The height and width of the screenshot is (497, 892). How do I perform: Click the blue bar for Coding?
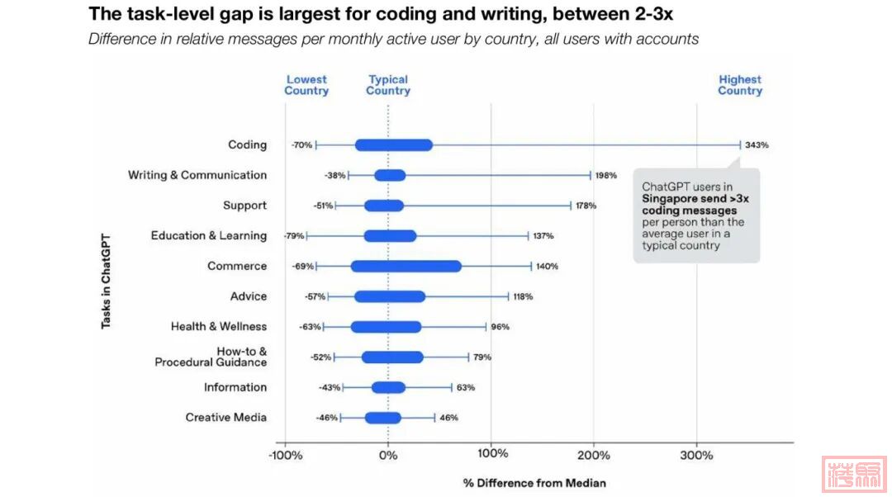point(393,145)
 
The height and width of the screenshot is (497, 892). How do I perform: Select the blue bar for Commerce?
point(406,267)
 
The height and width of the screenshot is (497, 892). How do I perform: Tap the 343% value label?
point(757,145)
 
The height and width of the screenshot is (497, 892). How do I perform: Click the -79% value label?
point(294,236)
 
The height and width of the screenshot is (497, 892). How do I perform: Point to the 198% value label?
point(605,176)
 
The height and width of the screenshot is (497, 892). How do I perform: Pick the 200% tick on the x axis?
point(594,455)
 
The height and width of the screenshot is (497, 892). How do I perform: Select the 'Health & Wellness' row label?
point(219,327)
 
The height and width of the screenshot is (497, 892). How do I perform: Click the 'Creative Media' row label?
point(225,418)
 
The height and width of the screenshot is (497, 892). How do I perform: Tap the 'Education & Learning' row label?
point(208,236)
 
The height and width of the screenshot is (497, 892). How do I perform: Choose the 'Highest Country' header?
point(740,85)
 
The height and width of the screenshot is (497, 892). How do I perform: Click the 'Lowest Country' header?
point(306,85)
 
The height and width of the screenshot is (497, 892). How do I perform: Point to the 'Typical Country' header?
point(388,85)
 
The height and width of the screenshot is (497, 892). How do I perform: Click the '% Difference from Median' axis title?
point(534,483)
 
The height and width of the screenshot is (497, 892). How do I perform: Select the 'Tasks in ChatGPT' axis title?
point(106,281)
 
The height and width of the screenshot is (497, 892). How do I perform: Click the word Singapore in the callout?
point(671,199)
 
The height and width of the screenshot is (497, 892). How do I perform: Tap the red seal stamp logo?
point(853,475)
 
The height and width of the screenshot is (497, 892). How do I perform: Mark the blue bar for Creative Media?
point(383,418)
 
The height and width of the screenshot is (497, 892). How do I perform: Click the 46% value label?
point(448,418)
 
